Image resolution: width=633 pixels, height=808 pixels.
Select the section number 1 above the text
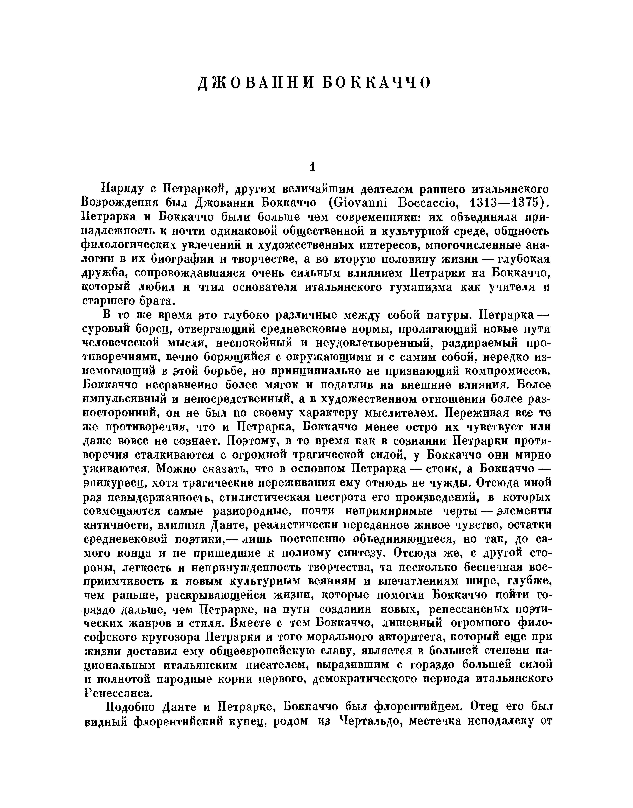coord(312,168)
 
